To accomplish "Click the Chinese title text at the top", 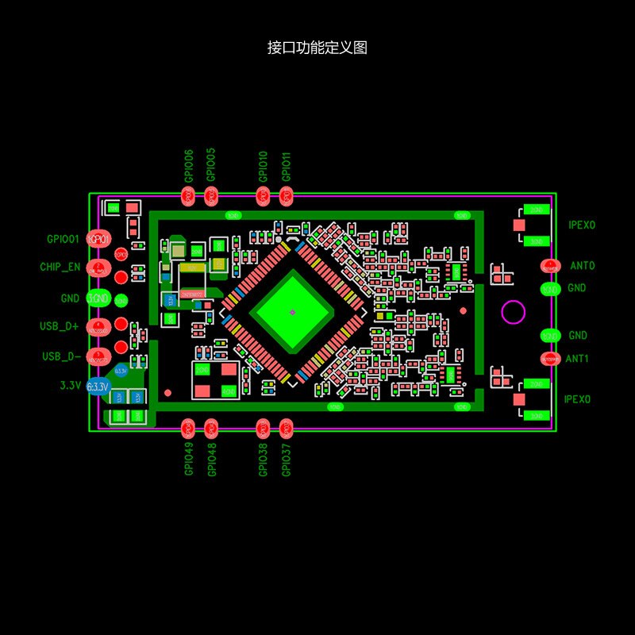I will point(317,48).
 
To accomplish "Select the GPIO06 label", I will point(189,166).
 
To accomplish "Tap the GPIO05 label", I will point(211,166).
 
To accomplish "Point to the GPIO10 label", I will point(264,166).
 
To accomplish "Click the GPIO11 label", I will point(287,166).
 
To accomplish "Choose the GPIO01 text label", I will point(63,239).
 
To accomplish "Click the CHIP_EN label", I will point(60,267).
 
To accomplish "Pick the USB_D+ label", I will point(60,326).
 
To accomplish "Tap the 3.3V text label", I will point(71,386).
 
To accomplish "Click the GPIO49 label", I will point(189,459).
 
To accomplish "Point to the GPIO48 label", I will point(211,459).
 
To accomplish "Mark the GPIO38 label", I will point(264,459).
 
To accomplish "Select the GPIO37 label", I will point(287,459).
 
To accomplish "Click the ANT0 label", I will point(582,266).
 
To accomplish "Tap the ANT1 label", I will point(577,359).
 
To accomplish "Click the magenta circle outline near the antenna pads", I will point(513,313).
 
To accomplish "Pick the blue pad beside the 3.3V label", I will point(98,387).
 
